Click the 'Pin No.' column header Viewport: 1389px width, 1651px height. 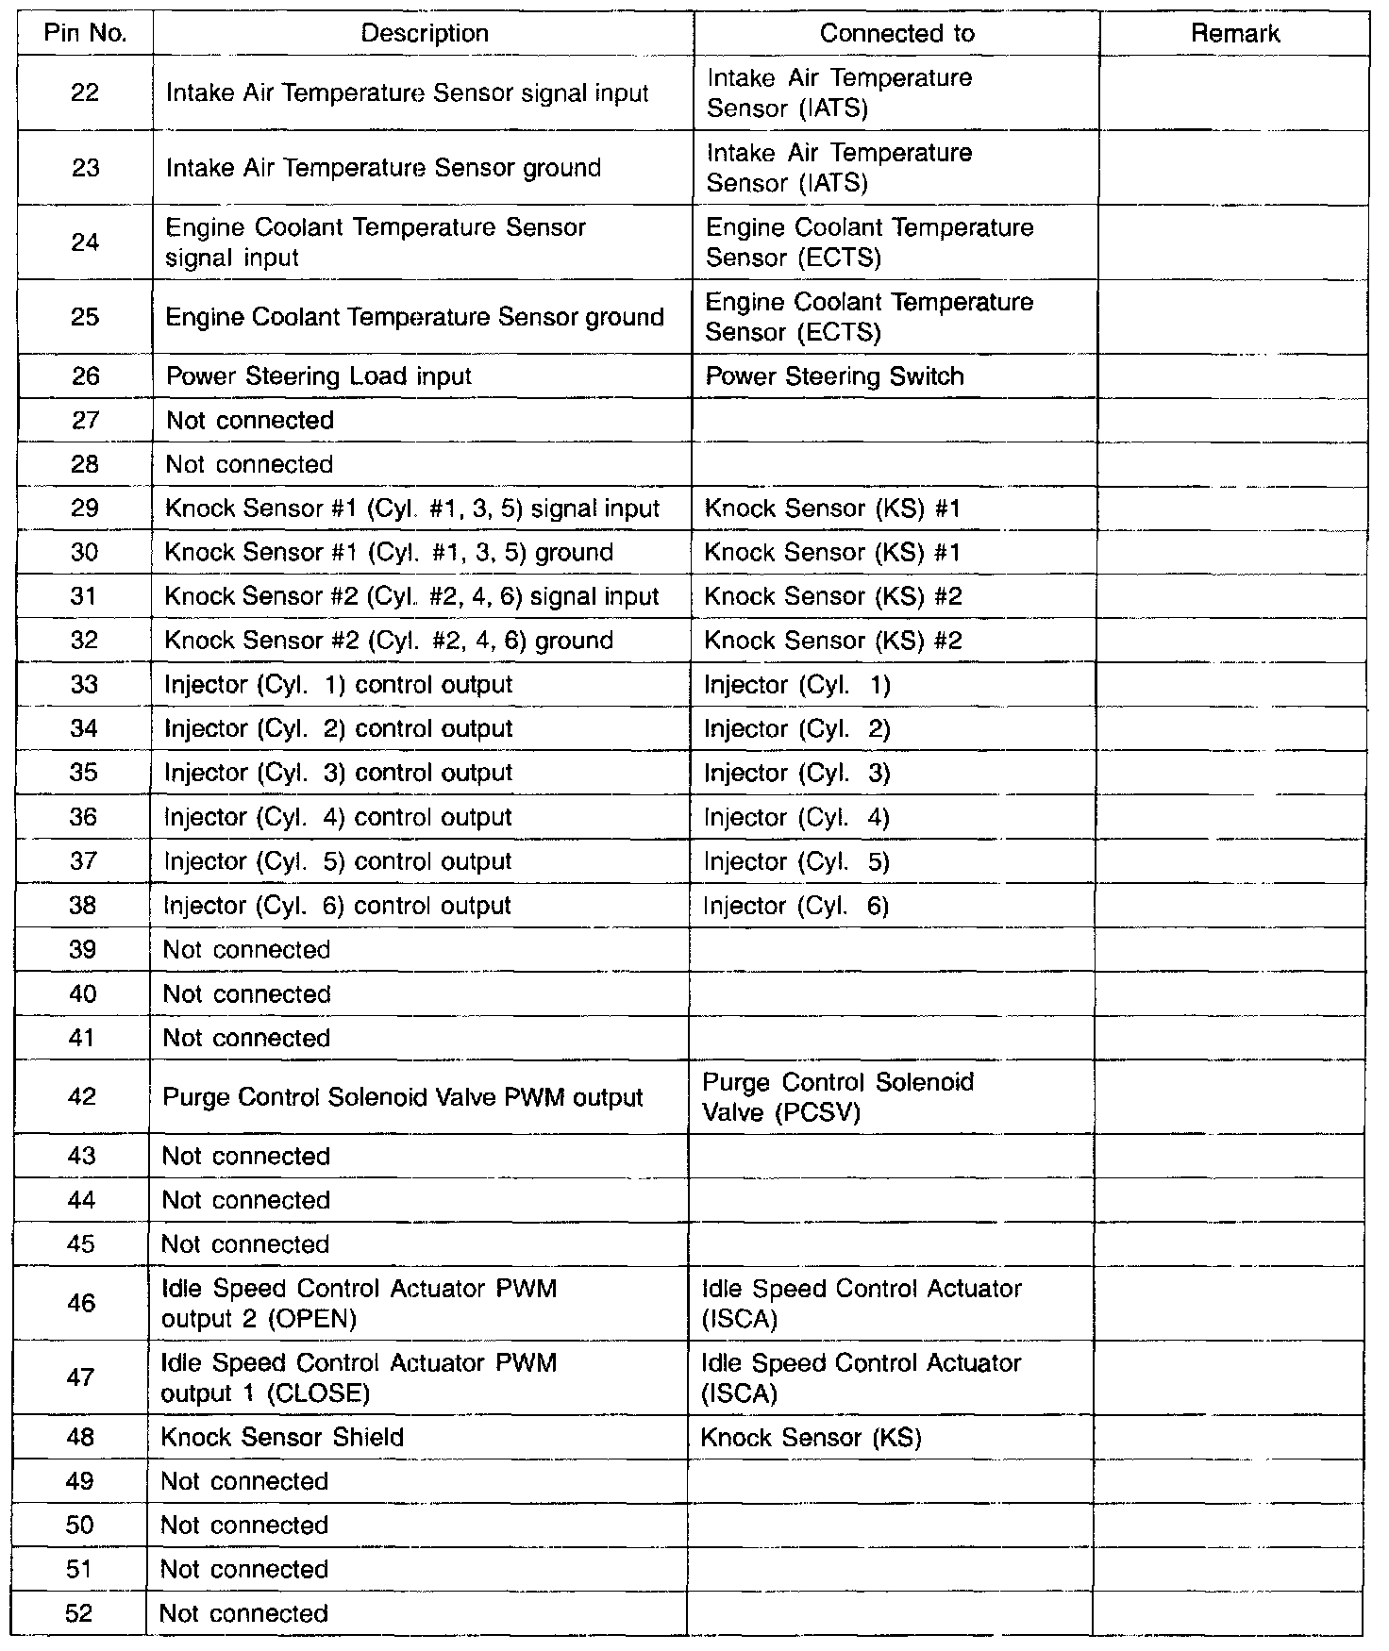[85, 34]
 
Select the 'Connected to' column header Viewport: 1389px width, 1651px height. [896, 34]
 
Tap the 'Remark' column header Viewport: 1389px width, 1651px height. [1234, 34]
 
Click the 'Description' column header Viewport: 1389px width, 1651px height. [425, 34]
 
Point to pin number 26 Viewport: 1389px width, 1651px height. [85, 376]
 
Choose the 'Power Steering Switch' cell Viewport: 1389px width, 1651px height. [834, 376]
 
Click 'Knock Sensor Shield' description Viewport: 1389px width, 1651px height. [282, 1437]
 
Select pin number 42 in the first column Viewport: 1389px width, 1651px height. [83, 1097]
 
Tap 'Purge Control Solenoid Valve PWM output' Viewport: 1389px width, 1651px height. [403, 1097]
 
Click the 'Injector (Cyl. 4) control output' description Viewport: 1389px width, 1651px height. [338, 817]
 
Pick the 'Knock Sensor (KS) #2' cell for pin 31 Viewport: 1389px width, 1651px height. [832, 596]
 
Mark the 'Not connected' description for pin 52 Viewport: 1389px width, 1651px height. [243, 1613]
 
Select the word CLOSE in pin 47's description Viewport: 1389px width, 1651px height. [320, 1393]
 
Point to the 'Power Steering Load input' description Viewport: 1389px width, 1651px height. [319, 376]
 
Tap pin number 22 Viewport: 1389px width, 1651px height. [85, 92]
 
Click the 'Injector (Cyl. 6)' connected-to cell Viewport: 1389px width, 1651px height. [796, 906]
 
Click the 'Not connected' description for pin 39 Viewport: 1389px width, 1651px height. [246, 950]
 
